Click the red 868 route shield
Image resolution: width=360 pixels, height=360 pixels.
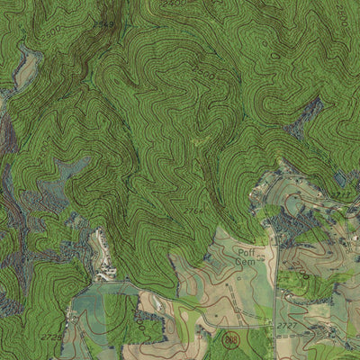point(232,340)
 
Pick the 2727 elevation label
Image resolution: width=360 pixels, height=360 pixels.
point(286,325)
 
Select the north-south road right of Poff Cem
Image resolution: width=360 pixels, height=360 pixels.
point(275,270)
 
